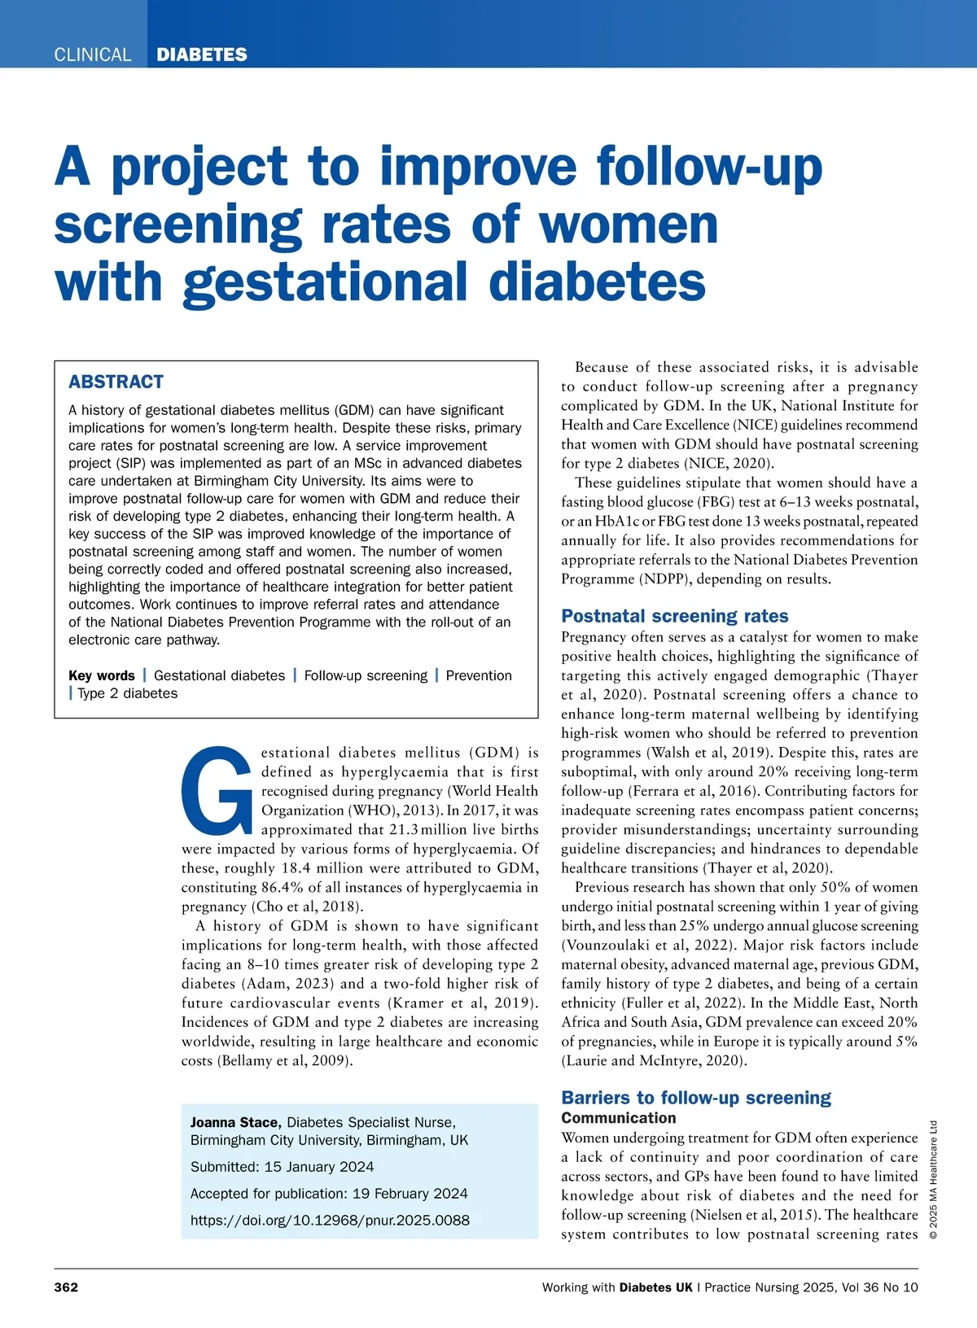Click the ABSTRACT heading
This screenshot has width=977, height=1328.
tap(116, 382)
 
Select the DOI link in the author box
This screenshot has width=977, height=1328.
tap(330, 1220)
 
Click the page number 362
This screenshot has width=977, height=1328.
tap(66, 1286)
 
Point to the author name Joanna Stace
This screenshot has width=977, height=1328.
tap(235, 1122)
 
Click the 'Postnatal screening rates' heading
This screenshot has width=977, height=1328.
tap(674, 616)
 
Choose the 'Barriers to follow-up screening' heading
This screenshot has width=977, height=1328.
tap(696, 1098)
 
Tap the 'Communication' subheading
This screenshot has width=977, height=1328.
tap(619, 1118)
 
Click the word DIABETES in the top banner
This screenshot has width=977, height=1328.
tap(201, 55)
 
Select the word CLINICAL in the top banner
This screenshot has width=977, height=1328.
tap(92, 55)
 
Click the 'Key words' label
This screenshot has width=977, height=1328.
tap(102, 675)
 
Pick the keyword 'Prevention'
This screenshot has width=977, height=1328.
tap(479, 675)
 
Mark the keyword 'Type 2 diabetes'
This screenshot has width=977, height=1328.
tap(127, 693)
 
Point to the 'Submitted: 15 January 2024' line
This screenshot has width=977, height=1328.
tap(282, 1166)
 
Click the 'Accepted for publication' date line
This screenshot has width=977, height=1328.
tap(329, 1193)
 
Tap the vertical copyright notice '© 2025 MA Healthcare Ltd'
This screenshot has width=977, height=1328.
tap(933, 1180)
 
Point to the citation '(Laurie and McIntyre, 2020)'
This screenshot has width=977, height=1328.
tap(654, 1060)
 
